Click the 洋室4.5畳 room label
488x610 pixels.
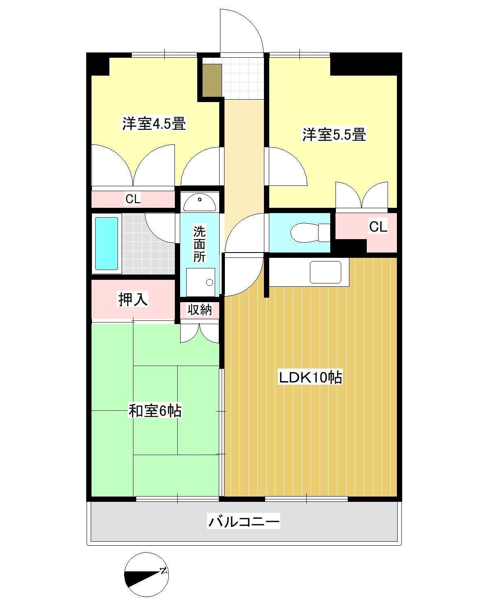tap(154, 124)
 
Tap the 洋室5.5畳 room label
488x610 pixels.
tap(334, 134)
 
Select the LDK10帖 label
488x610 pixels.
tap(310, 378)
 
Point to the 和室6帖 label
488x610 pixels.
tap(155, 410)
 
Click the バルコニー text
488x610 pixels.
tap(244, 521)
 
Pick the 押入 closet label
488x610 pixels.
tap(133, 300)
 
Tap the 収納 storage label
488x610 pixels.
tap(200, 310)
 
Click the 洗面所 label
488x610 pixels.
tap(199, 244)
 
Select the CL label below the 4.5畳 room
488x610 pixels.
tap(133, 199)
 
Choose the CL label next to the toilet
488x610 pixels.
tap(378, 227)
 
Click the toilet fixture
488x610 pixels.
tap(309, 232)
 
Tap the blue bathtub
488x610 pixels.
tap(107, 244)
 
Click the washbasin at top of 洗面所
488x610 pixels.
tap(200, 202)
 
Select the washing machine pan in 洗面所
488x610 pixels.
tap(200, 282)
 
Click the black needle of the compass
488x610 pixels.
tap(140, 578)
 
